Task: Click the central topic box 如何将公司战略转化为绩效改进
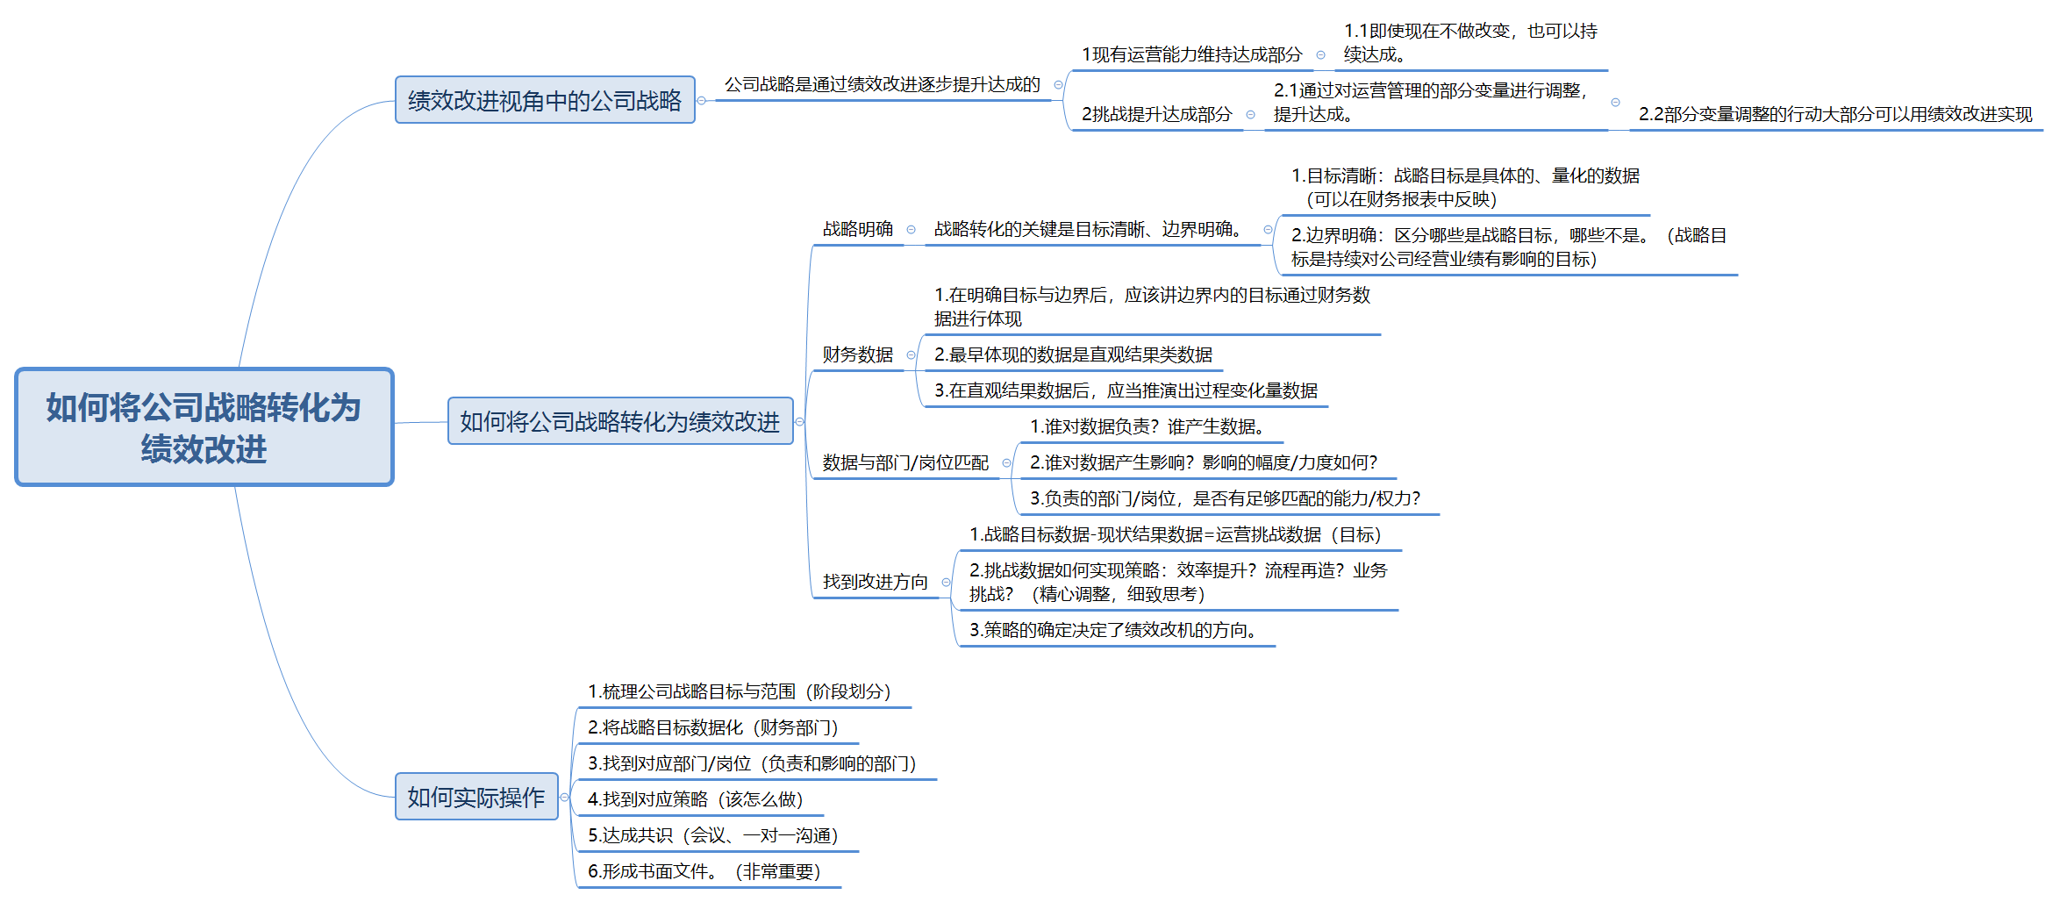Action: tap(204, 427)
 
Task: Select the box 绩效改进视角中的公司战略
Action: tap(545, 100)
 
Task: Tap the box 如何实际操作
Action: tap(476, 797)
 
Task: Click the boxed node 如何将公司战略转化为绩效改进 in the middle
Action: tap(620, 421)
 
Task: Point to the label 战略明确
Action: tap(858, 229)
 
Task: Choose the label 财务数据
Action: tap(858, 354)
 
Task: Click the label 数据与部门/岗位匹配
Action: tap(905, 462)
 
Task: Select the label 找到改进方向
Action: tap(876, 582)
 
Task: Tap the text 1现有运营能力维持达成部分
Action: tap(1192, 54)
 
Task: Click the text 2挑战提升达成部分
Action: tap(1157, 114)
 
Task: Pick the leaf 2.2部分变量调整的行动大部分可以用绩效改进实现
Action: tap(1835, 114)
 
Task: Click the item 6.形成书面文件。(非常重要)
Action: tap(704, 871)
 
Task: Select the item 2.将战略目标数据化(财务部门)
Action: tap(713, 727)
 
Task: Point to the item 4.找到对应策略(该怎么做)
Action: tap(696, 799)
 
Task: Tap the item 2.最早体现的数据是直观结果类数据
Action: tap(1073, 354)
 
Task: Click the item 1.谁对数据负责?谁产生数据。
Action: tap(1147, 426)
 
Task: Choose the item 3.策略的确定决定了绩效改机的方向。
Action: tap(1113, 630)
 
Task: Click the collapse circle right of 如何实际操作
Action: tap(565, 798)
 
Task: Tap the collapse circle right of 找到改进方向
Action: tap(946, 583)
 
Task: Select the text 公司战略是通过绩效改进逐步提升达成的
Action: tap(883, 84)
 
